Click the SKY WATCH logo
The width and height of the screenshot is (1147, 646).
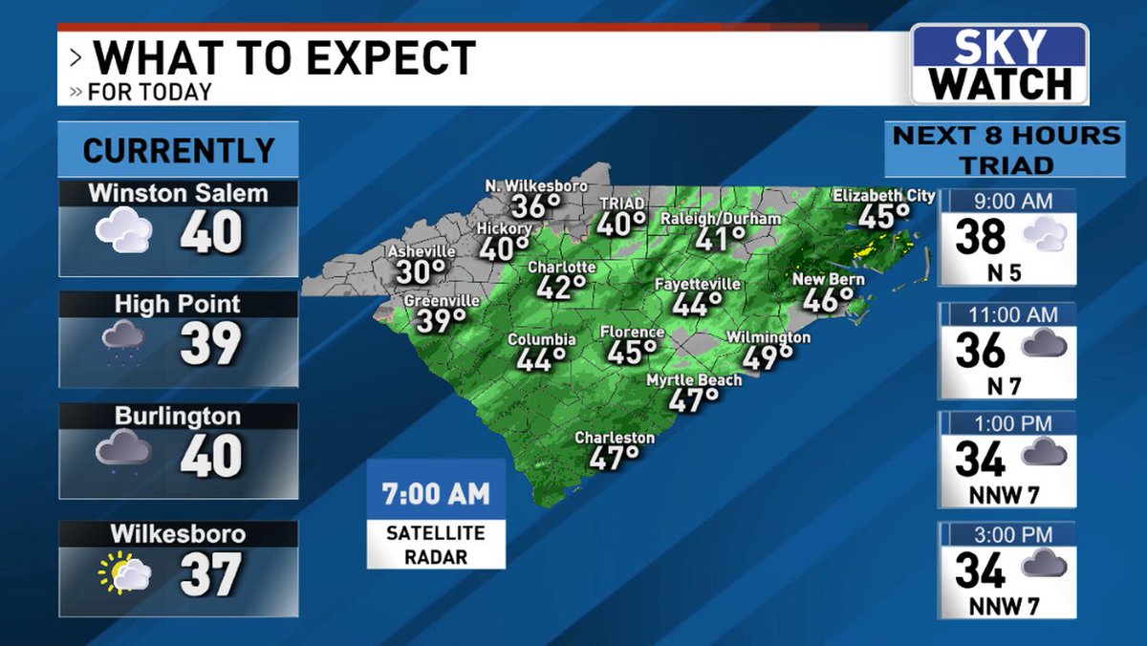(999, 65)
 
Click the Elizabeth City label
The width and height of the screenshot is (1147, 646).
(883, 196)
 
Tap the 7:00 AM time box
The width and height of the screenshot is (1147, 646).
(436, 494)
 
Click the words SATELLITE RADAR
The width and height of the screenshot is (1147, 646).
(436, 545)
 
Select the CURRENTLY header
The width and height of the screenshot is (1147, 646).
(179, 150)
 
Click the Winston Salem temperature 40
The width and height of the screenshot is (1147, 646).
(211, 232)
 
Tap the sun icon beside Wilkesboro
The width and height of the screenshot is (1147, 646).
(115, 571)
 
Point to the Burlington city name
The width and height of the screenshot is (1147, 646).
(179, 417)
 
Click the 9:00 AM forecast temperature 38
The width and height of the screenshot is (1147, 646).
(980, 237)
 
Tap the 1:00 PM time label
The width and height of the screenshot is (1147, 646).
(1007, 422)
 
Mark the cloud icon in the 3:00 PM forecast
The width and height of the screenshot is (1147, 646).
(1043, 567)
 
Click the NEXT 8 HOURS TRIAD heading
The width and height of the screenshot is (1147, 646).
(1005, 150)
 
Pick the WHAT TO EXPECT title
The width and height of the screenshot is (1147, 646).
(285, 58)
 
